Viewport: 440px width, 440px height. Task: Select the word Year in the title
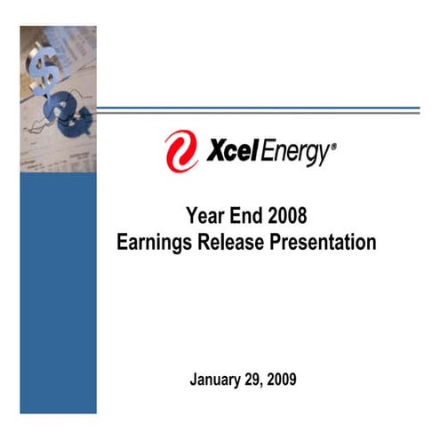(204, 215)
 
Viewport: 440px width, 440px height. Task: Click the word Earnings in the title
(155, 242)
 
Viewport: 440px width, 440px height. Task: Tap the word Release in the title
(234, 242)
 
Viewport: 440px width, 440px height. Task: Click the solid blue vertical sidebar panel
(58, 293)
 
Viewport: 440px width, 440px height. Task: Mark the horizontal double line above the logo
(258, 109)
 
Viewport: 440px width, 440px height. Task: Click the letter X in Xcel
(215, 152)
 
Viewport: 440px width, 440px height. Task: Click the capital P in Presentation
(278, 242)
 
